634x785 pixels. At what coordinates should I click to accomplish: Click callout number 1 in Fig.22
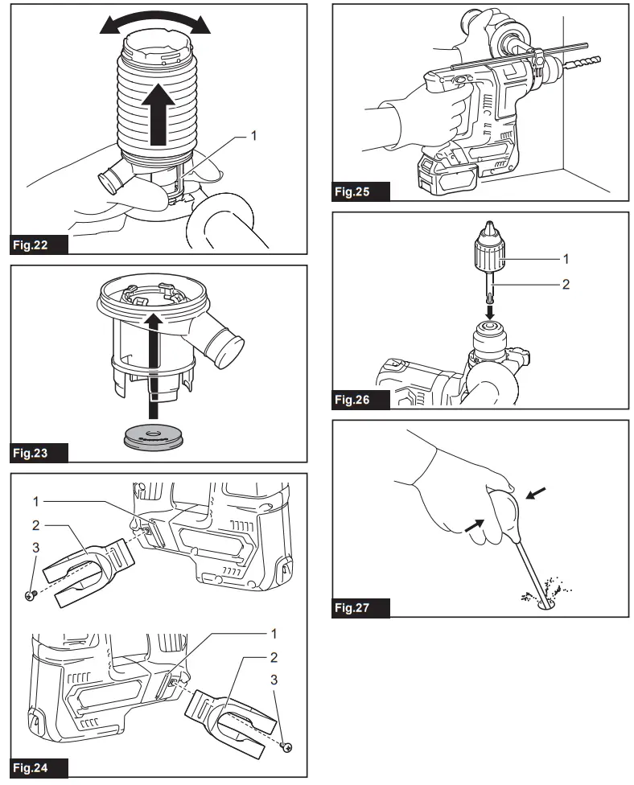click(x=254, y=136)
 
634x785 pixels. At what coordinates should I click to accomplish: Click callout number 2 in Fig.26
click(x=566, y=284)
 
